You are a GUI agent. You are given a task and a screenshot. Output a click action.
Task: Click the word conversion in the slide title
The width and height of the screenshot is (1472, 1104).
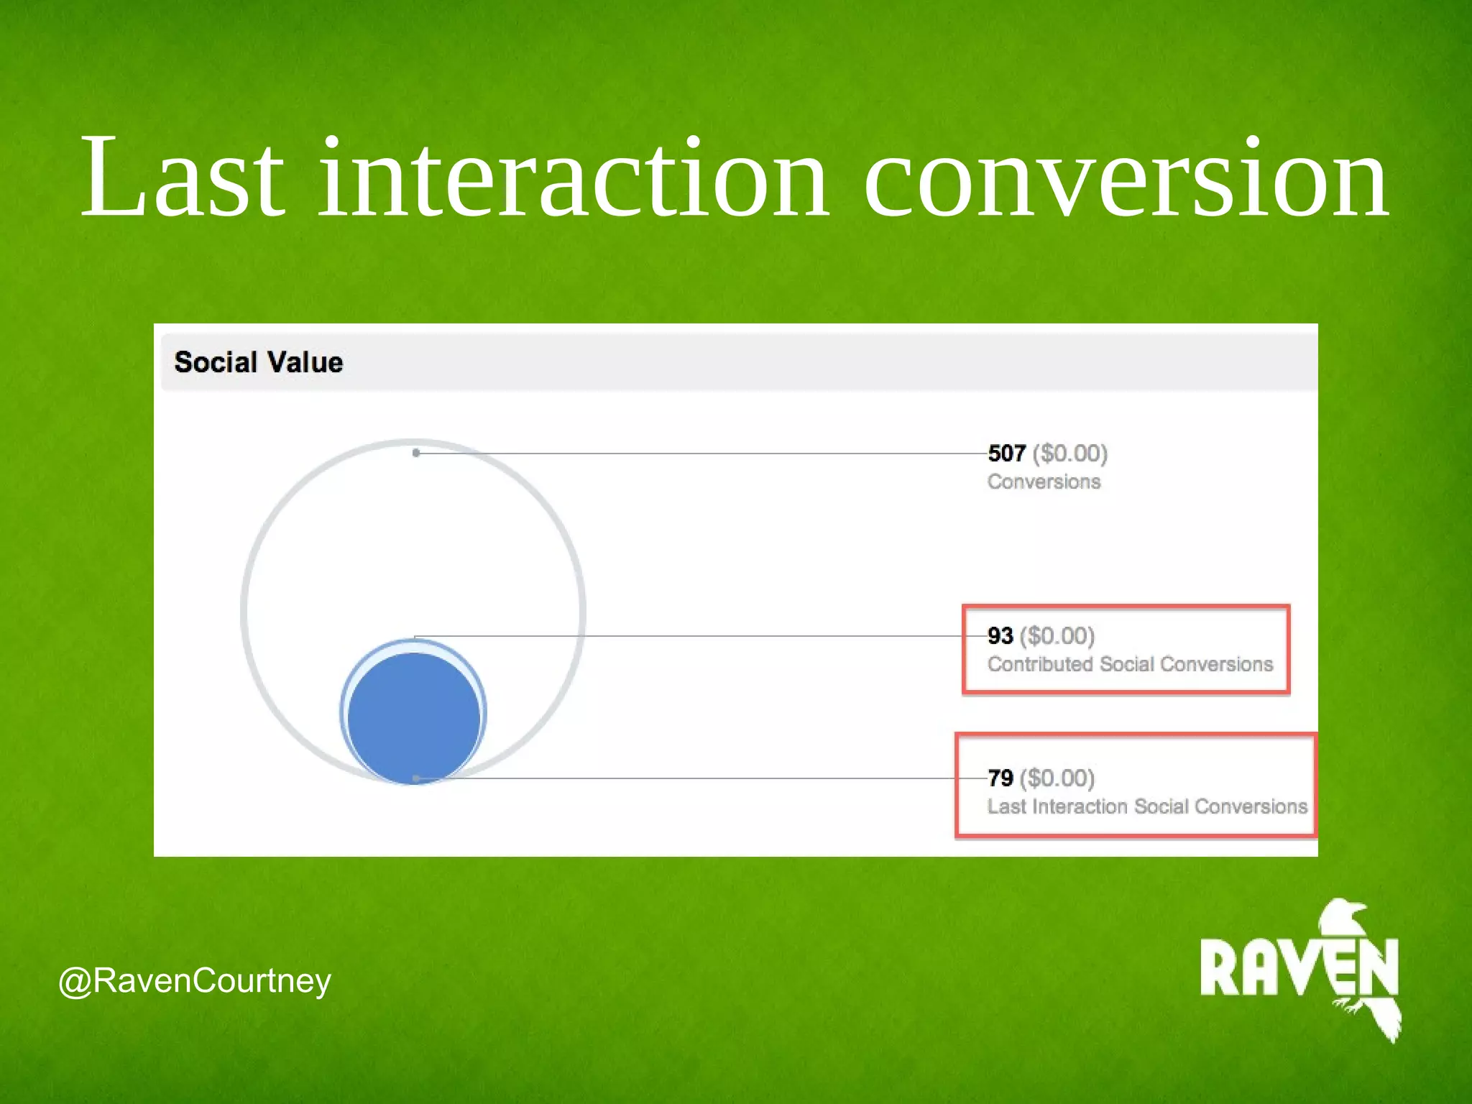pos(1126,178)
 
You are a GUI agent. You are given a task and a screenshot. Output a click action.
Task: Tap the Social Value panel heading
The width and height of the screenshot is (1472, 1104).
pos(259,362)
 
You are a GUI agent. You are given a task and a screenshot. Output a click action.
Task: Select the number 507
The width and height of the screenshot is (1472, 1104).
pos(1006,453)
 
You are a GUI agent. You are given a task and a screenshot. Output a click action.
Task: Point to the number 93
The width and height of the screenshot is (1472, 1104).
pos(1000,635)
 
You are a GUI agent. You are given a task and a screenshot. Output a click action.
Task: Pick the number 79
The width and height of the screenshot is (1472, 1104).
pos(1000,778)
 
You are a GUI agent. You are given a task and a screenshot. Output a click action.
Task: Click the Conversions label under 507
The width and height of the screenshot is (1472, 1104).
pos(1044,482)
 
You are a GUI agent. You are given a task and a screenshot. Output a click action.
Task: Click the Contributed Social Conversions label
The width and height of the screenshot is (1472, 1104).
pos(1130,664)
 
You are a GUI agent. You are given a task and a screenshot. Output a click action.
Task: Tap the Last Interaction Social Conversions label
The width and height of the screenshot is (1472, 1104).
pos(1147,806)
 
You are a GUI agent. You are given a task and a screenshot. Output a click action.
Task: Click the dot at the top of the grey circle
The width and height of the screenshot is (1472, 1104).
pos(416,453)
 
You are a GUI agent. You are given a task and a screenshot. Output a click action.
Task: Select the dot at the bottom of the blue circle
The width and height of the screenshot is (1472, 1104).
pos(416,778)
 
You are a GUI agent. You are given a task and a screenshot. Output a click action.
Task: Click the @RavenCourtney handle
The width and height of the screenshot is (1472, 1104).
pos(195,981)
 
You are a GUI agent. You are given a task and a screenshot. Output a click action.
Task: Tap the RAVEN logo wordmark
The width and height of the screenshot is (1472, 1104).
pos(1298,967)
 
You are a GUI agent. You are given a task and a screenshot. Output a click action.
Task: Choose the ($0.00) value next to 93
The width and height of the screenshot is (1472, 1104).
pos(1057,635)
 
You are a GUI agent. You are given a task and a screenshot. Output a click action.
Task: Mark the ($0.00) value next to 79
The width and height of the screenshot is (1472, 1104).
pos(1057,778)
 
